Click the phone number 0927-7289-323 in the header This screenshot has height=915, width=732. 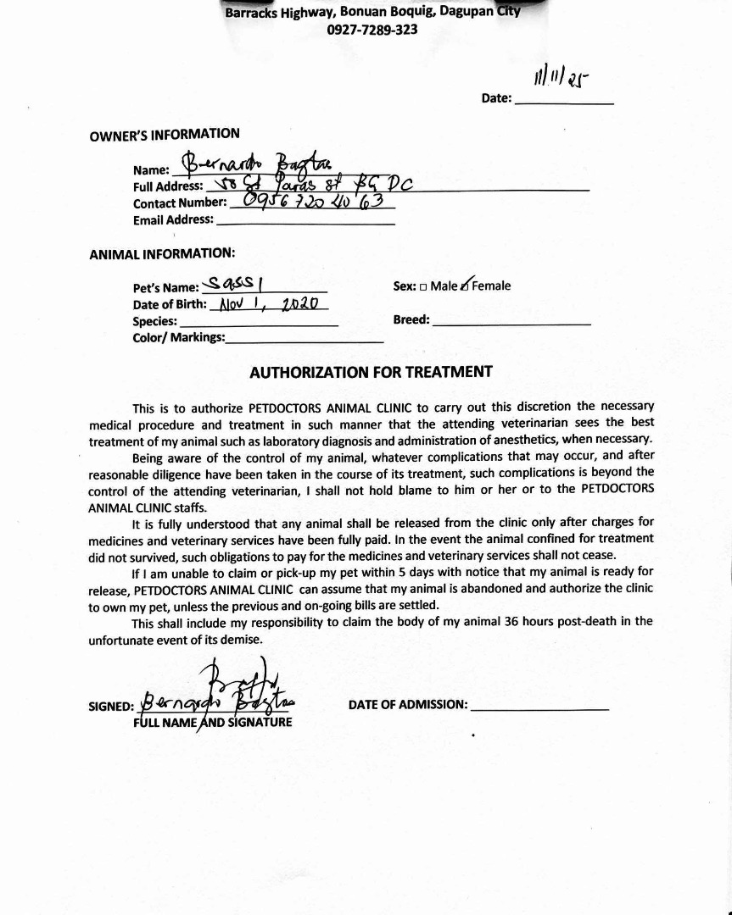pos(372,30)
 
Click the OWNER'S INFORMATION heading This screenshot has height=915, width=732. pos(165,134)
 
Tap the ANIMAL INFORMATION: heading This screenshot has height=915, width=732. pos(162,253)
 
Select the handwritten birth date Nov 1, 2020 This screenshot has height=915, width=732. pos(269,303)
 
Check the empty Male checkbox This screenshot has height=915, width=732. pos(423,286)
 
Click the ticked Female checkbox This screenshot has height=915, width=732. pos(465,286)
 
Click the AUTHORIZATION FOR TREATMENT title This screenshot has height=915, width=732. pos(371,372)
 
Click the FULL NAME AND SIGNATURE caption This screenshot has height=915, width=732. pos(213,723)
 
